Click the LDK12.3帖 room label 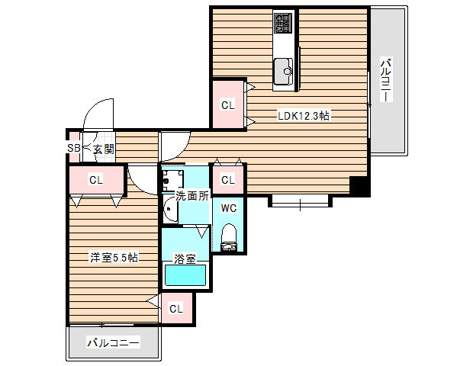click(303, 116)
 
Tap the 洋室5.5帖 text click(114, 257)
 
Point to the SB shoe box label click(73, 149)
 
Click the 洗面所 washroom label click(191, 195)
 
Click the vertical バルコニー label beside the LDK click(387, 80)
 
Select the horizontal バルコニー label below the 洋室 click(113, 343)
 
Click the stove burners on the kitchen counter click(284, 24)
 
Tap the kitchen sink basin click(285, 72)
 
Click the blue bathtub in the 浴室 click(185, 275)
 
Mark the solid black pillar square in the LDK click(358, 185)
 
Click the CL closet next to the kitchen click(227, 105)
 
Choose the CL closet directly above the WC click(227, 180)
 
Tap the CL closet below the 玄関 click(95, 181)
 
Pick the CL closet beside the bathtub click(176, 308)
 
